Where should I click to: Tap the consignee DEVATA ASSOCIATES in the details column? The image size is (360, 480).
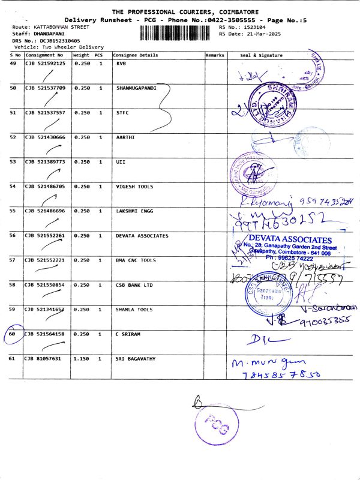click(142, 236)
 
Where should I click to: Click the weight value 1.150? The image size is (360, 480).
click(81, 359)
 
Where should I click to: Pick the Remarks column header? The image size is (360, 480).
click(214, 55)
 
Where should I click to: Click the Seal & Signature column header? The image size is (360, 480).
click(260, 55)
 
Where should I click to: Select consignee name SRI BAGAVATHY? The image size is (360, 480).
click(136, 359)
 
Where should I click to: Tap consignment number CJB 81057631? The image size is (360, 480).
click(43, 359)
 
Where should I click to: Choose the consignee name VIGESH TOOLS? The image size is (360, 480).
click(134, 187)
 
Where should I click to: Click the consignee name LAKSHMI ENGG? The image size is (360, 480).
click(133, 211)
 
